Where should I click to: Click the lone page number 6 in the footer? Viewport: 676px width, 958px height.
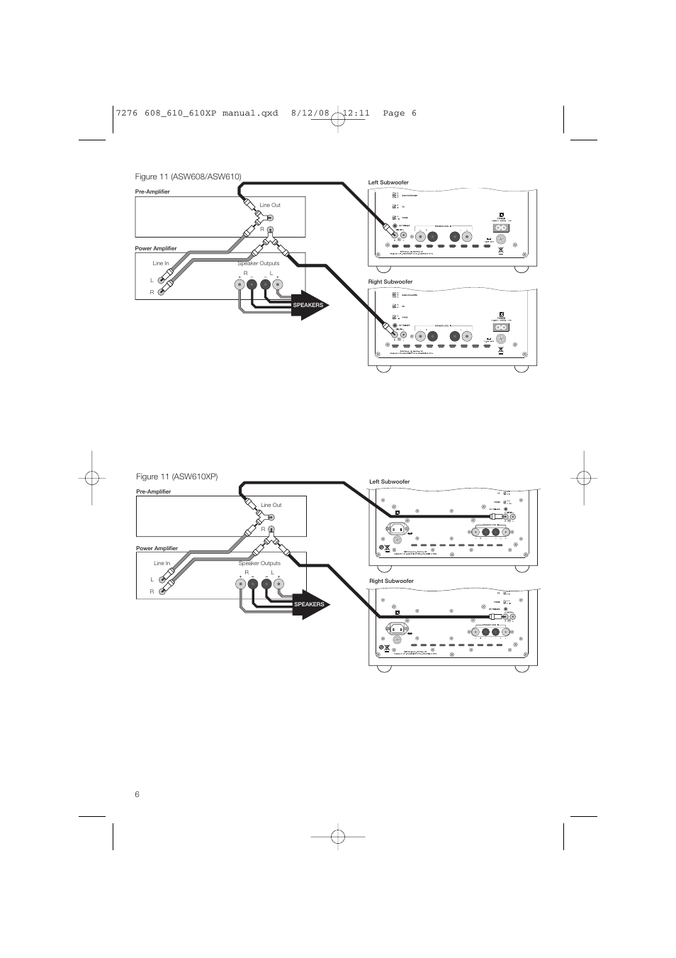[x=137, y=794]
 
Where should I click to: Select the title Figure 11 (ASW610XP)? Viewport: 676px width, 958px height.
[x=176, y=477]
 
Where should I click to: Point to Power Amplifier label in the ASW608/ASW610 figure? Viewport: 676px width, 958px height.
[x=156, y=249]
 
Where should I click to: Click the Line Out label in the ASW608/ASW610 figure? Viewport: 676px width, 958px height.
[x=270, y=206]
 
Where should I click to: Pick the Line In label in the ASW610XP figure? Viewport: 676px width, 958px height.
[x=162, y=564]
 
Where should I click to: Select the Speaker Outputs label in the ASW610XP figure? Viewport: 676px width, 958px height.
[x=259, y=564]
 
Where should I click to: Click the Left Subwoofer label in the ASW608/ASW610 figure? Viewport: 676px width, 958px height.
[x=388, y=183]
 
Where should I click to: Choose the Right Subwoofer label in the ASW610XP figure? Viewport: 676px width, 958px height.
[x=391, y=581]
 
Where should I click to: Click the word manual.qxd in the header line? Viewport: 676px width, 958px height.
[x=251, y=113]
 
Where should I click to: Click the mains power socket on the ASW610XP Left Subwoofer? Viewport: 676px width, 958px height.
[x=398, y=529]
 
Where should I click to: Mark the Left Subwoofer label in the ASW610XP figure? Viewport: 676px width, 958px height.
[x=390, y=482]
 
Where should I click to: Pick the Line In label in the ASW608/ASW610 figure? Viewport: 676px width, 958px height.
[x=161, y=264]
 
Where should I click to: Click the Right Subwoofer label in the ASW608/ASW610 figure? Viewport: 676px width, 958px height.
[x=390, y=282]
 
